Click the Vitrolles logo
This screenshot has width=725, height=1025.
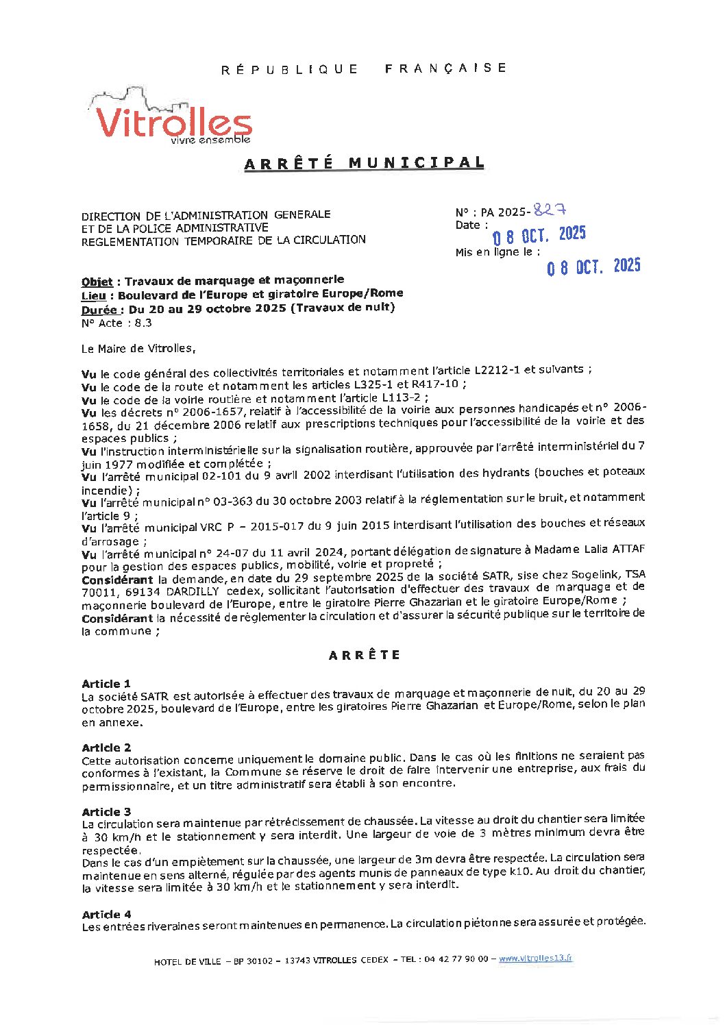pos(173,119)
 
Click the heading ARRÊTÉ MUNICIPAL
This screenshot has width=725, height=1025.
pos(364,163)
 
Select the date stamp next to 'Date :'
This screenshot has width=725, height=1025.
pos(540,236)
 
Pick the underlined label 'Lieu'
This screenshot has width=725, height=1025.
pos(93,295)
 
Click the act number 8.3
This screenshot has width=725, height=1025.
pos(143,323)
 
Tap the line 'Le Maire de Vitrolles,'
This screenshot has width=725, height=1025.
pos(138,349)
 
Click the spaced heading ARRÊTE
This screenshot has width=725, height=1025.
pos(365,655)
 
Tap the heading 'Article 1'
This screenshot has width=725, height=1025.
pos(106,684)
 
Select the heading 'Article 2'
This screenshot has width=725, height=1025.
pos(106,748)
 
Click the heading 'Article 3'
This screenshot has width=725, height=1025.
pos(106,812)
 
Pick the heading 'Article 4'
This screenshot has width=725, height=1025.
pos(106,915)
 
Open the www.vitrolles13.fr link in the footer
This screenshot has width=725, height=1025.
pos(535,959)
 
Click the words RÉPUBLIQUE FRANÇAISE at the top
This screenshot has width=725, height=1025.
pos(364,69)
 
